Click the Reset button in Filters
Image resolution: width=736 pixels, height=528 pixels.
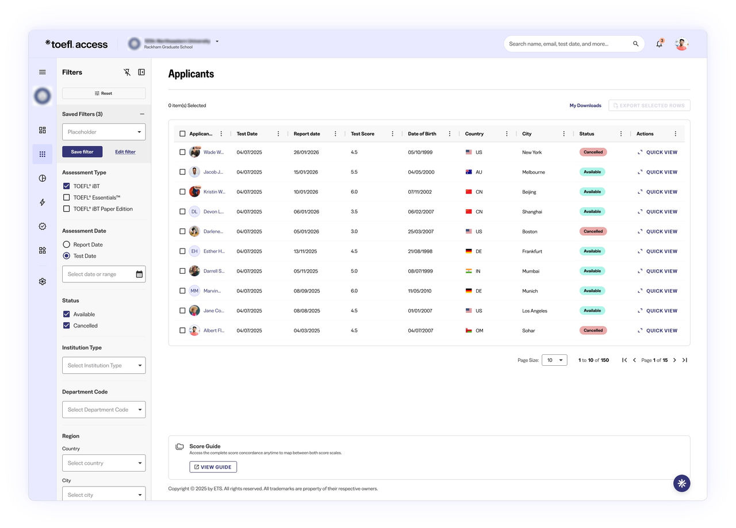click(x=103, y=93)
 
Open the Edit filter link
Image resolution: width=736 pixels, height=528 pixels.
click(x=125, y=152)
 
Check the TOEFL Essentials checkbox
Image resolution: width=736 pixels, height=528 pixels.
click(x=67, y=198)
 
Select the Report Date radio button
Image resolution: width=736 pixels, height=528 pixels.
click(x=67, y=244)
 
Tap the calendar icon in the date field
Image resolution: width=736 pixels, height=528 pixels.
click(x=139, y=274)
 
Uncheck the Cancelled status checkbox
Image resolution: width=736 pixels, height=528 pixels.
click(x=67, y=326)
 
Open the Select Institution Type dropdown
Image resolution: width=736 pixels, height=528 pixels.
click(x=103, y=365)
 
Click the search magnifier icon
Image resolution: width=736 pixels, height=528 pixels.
click(x=636, y=44)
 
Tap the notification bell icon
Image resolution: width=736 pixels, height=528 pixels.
click(x=659, y=44)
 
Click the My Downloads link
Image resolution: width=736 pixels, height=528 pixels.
click(x=585, y=106)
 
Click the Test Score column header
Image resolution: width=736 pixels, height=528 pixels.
click(x=363, y=134)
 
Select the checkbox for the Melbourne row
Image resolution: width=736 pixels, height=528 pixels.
click(x=182, y=172)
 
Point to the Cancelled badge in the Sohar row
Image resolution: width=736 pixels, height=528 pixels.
click(x=593, y=331)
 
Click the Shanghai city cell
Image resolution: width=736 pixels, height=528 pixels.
click(x=532, y=212)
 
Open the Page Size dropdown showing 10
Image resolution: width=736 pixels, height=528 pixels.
click(x=554, y=360)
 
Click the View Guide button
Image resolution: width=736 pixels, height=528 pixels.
click(x=213, y=467)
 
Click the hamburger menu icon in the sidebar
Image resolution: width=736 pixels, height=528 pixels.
click(x=43, y=72)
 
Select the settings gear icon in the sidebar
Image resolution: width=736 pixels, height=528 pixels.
click(x=43, y=282)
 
